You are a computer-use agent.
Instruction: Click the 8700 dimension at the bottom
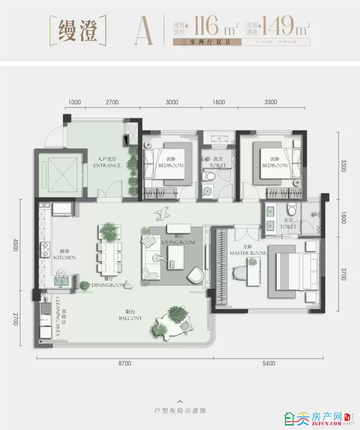(124, 363)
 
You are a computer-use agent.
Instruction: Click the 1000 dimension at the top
(75, 102)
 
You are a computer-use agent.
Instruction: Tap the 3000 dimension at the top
(172, 102)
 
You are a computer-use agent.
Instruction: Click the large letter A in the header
(144, 31)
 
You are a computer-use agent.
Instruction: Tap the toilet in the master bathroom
(292, 209)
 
